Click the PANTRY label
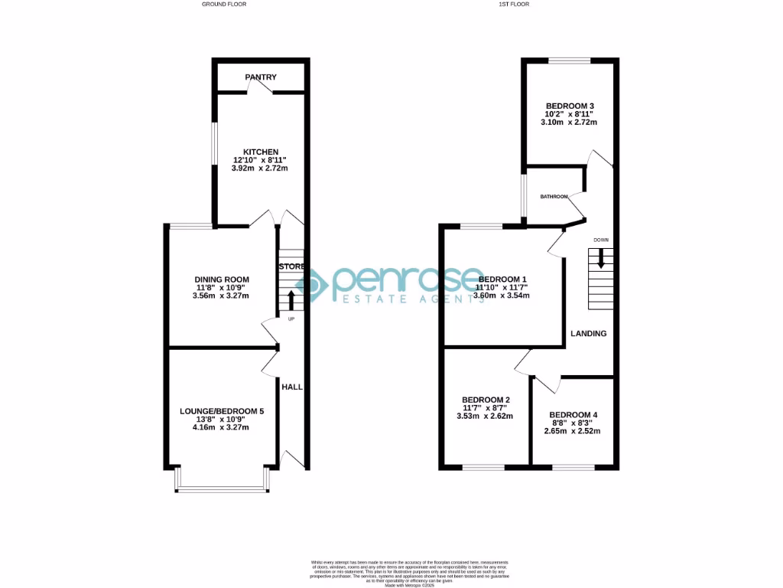pos(261,77)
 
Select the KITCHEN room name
pos(260,152)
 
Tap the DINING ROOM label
pos(222,279)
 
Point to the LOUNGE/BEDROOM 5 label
pos(222,411)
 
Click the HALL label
pos(292,387)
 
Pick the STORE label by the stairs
pos(292,266)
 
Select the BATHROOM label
pos(554,197)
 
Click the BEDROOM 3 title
pos(570,106)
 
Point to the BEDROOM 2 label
pos(486,400)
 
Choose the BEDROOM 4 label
pos(573,415)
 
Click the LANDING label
pos(589,333)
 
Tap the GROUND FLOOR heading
pos(224,4)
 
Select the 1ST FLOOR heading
pos(514,4)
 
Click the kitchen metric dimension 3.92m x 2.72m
pos(260,168)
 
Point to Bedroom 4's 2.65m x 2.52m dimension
pos(573,431)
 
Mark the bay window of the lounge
pos(222,488)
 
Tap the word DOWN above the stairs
pos(601,240)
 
